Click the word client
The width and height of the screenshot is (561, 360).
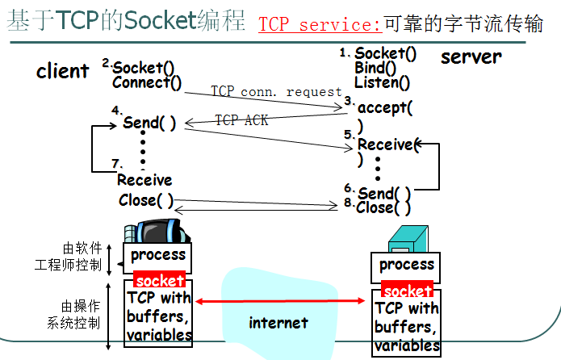pyautogui.click(x=62, y=71)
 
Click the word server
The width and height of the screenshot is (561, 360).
pyautogui.click(x=471, y=57)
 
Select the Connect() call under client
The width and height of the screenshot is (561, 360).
pyautogui.click(x=147, y=82)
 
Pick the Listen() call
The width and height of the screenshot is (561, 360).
pyautogui.click(x=382, y=82)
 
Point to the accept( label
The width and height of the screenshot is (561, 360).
pyautogui.click(x=385, y=108)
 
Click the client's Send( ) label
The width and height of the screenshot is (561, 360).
pyautogui.click(x=149, y=123)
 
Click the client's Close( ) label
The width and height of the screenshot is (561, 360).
pyautogui.click(x=146, y=200)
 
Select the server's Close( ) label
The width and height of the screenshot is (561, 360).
pyautogui.click(x=383, y=207)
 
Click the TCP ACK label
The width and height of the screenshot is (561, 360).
pyautogui.click(x=241, y=120)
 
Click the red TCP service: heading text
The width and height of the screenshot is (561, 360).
pyautogui.click(x=320, y=25)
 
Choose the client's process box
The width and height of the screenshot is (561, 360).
pyautogui.click(x=158, y=255)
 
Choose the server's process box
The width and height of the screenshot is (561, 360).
pyautogui.click(x=406, y=265)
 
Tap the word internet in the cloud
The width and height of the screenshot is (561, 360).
pyautogui.click(x=278, y=323)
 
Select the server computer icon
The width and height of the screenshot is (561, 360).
pyautogui.click(x=408, y=239)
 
